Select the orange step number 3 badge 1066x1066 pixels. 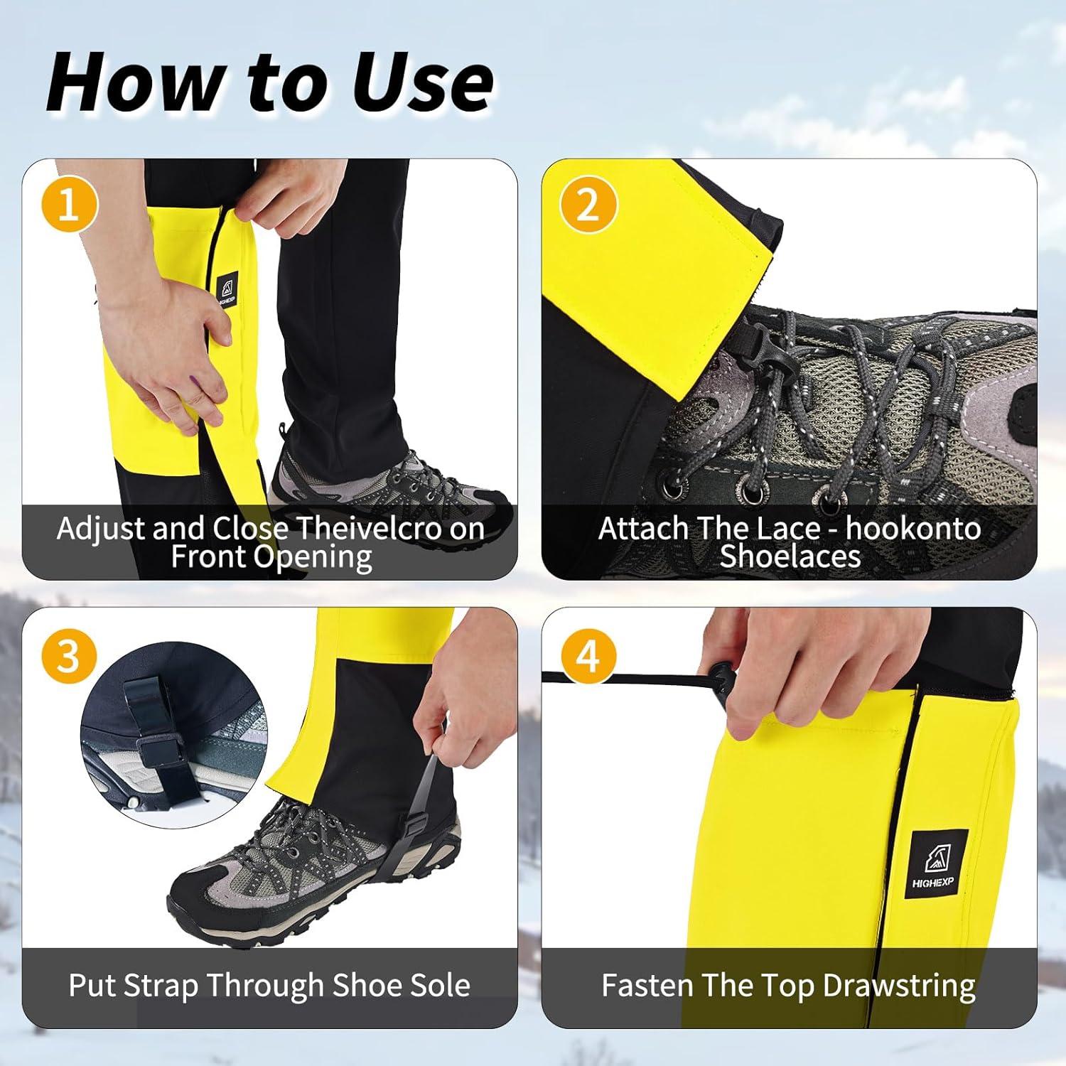tap(68, 655)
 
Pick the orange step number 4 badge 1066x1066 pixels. tap(588, 655)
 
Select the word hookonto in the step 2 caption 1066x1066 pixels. tap(913, 529)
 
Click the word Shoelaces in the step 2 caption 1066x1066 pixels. tap(790, 556)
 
